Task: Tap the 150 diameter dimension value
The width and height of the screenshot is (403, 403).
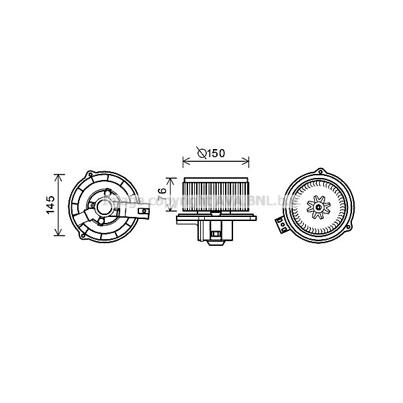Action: [215, 154]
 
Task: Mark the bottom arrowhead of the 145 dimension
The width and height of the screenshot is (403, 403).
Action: [60, 234]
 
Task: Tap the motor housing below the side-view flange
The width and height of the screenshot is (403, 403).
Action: [216, 230]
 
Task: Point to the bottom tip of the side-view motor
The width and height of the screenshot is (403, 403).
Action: [216, 245]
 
